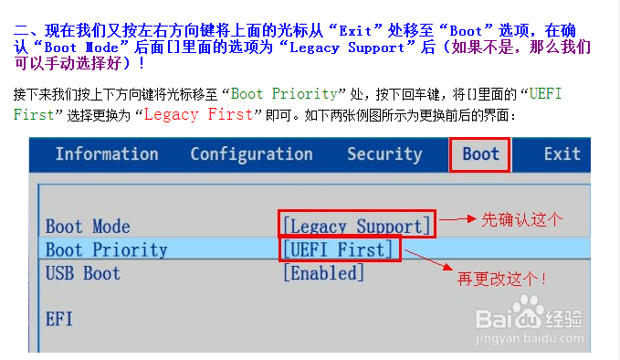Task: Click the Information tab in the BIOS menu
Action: pyautogui.click(x=107, y=154)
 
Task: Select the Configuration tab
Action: pyautogui.click(x=251, y=154)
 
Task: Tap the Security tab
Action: pyautogui.click(x=384, y=154)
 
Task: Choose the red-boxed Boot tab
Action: pyautogui.click(x=480, y=154)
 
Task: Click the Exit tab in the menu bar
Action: pyautogui.click(x=562, y=154)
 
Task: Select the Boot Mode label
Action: pyautogui.click(x=88, y=227)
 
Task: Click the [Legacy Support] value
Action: pyautogui.click(x=356, y=226)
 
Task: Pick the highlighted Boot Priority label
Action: pyautogui.click(x=107, y=249)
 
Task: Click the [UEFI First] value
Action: pyautogui.click(x=339, y=249)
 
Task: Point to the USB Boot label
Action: pyautogui.click(x=83, y=272)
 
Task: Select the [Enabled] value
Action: pyautogui.click(x=323, y=272)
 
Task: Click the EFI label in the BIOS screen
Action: pyautogui.click(x=59, y=319)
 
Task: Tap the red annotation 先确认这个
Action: pyautogui.click(x=522, y=219)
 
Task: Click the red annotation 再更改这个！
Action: pyautogui.click(x=502, y=278)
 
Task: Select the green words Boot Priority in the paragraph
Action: pyautogui.click(x=284, y=94)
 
